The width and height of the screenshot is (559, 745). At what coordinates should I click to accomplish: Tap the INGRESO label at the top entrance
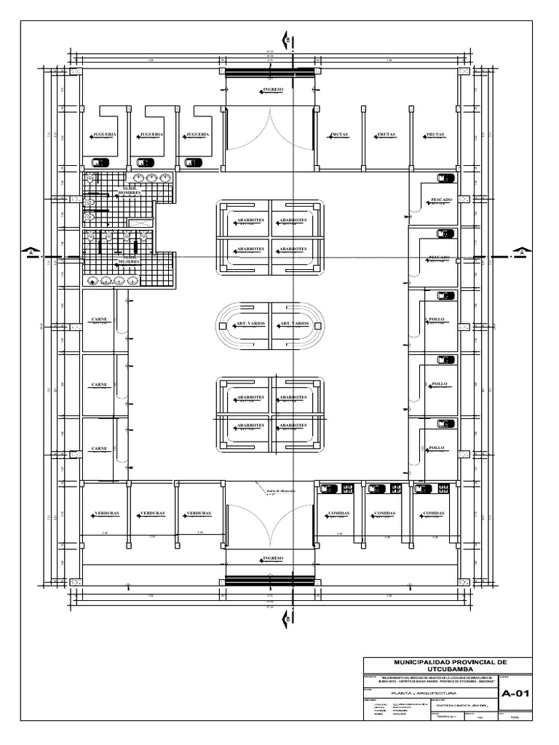[x=270, y=91]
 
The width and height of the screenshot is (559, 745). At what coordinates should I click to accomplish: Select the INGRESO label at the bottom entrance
[x=270, y=559]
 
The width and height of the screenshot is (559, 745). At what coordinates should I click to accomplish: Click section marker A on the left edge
[x=31, y=252]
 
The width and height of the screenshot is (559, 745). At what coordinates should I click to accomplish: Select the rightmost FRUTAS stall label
[x=435, y=135]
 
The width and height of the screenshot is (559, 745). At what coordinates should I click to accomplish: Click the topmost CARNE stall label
[x=100, y=320]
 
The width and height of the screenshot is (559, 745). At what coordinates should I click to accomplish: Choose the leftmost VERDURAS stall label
[x=106, y=513]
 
